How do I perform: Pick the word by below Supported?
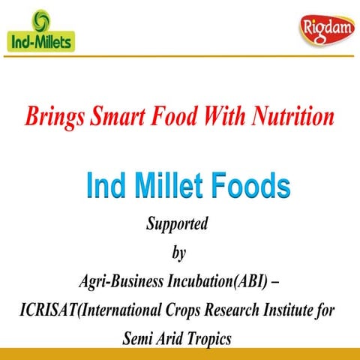point(178,253)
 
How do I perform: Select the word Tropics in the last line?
point(210,337)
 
